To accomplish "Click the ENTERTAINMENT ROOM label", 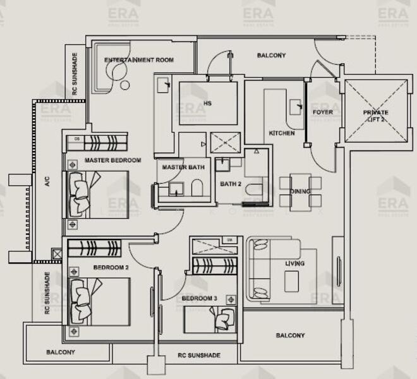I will [x=139, y=60].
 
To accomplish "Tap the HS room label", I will [x=207, y=103].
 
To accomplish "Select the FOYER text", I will [x=323, y=112].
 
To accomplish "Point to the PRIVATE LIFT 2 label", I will [x=376, y=116].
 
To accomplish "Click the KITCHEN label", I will [x=282, y=133].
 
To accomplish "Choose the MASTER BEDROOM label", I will [x=112, y=160].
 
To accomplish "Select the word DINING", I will [x=299, y=191].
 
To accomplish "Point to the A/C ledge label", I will [x=47, y=183].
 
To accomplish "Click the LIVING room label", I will [x=294, y=263].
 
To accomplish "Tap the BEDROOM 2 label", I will [x=111, y=268].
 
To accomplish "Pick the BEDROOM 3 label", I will [x=199, y=298].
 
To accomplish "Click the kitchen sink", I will [x=296, y=105].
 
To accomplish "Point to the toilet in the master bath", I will [x=196, y=188].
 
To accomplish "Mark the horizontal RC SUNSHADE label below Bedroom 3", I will [x=199, y=356].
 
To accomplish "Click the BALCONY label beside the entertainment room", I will [x=271, y=56].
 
